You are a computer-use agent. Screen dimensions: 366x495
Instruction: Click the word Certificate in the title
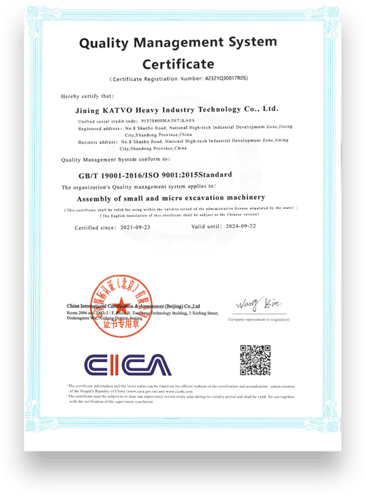(x=179, y=65)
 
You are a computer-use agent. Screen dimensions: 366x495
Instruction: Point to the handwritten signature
(x=254, y=302)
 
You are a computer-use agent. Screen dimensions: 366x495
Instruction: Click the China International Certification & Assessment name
(x=133, y=306)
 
